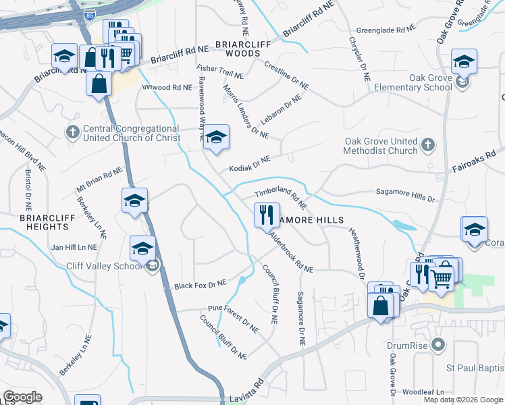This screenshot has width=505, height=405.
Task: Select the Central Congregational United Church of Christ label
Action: coord(131,133)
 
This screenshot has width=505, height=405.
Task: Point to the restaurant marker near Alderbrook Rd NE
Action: coord(266,215)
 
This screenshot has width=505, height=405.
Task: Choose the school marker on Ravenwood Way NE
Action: coord(215,137)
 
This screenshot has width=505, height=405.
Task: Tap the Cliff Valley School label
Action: coord(105,266)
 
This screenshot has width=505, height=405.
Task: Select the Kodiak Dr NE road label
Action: coord(249,163)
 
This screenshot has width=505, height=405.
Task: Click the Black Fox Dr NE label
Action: coord(201,284)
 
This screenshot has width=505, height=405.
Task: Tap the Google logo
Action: coord(23,396)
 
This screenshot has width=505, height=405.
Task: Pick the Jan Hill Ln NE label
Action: coord(76,248)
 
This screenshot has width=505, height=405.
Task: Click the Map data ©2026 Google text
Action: coord(462,399)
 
